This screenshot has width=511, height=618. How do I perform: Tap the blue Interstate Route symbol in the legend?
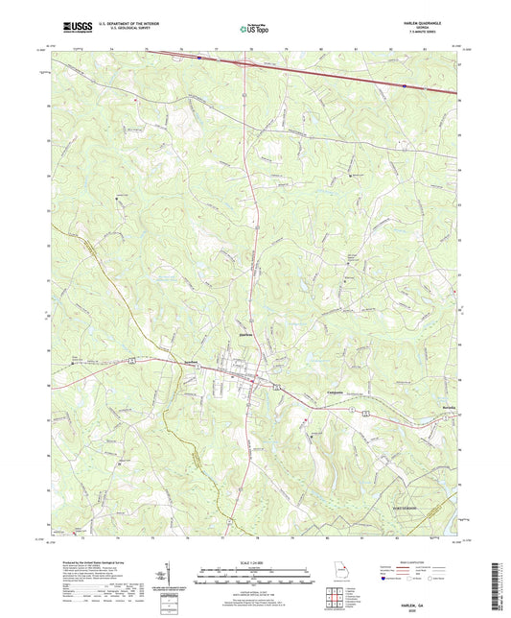point(385,579)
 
